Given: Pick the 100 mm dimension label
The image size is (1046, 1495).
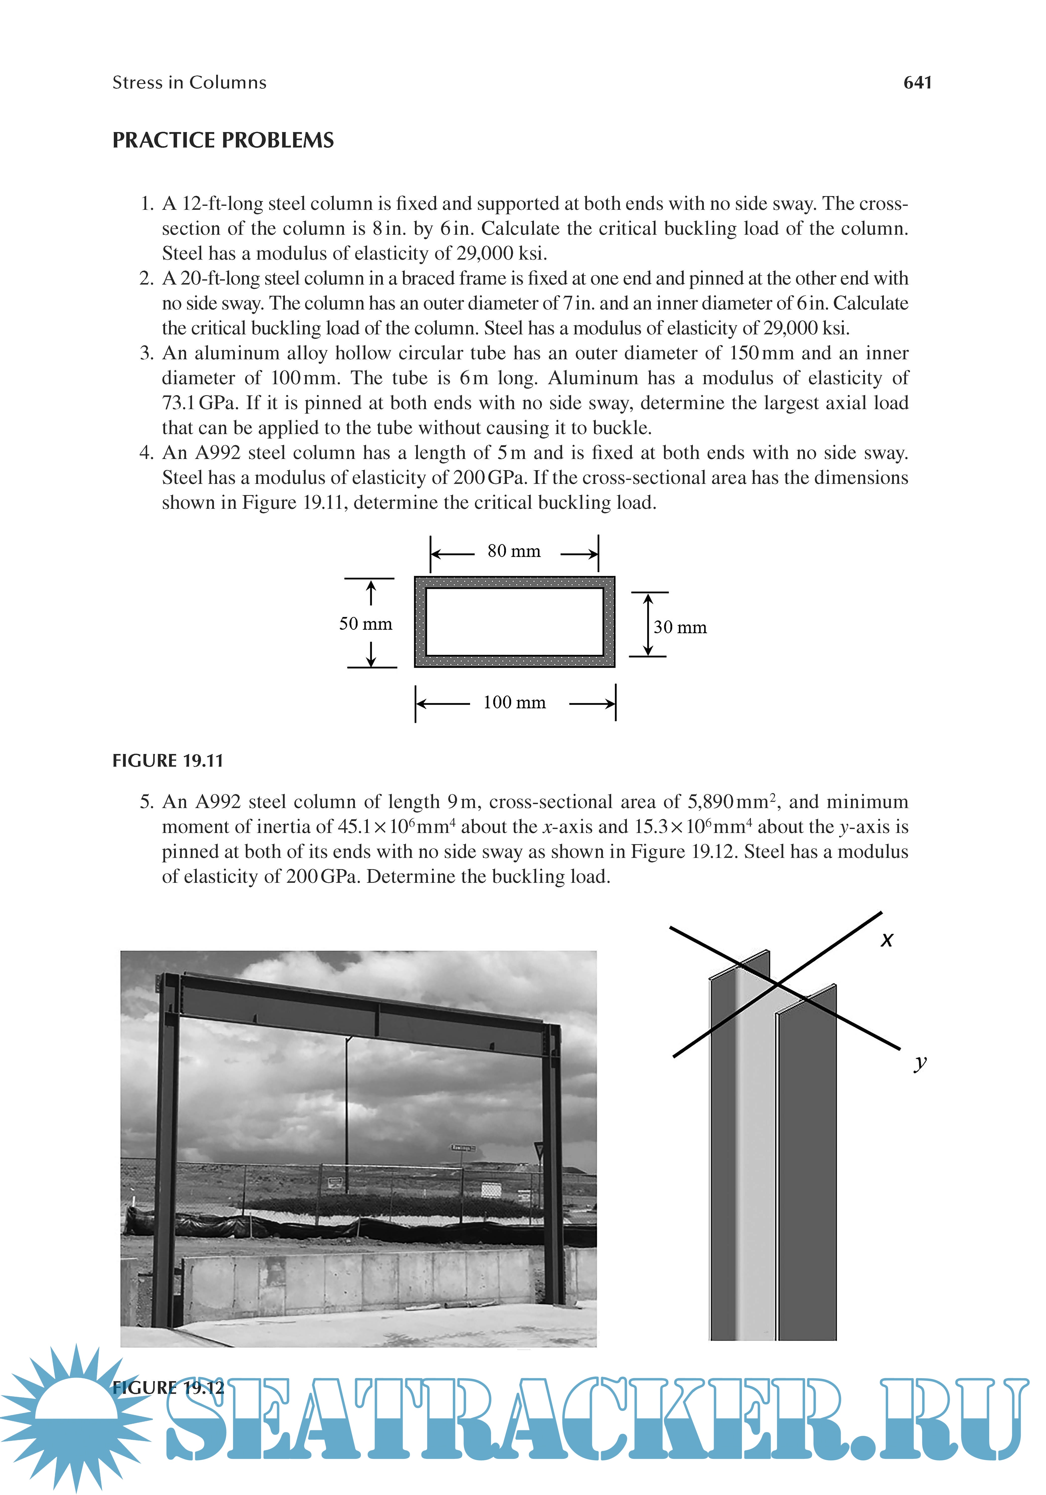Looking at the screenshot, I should (x=514, y=703).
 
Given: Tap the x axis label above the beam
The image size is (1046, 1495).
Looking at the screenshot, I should (x=887, y=940).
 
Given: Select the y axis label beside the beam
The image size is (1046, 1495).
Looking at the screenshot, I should (x=920, y=1063).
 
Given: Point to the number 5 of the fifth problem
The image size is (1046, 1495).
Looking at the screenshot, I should (x=146, y=802).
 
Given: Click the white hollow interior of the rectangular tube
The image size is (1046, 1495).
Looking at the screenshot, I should (x=514, y=622).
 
